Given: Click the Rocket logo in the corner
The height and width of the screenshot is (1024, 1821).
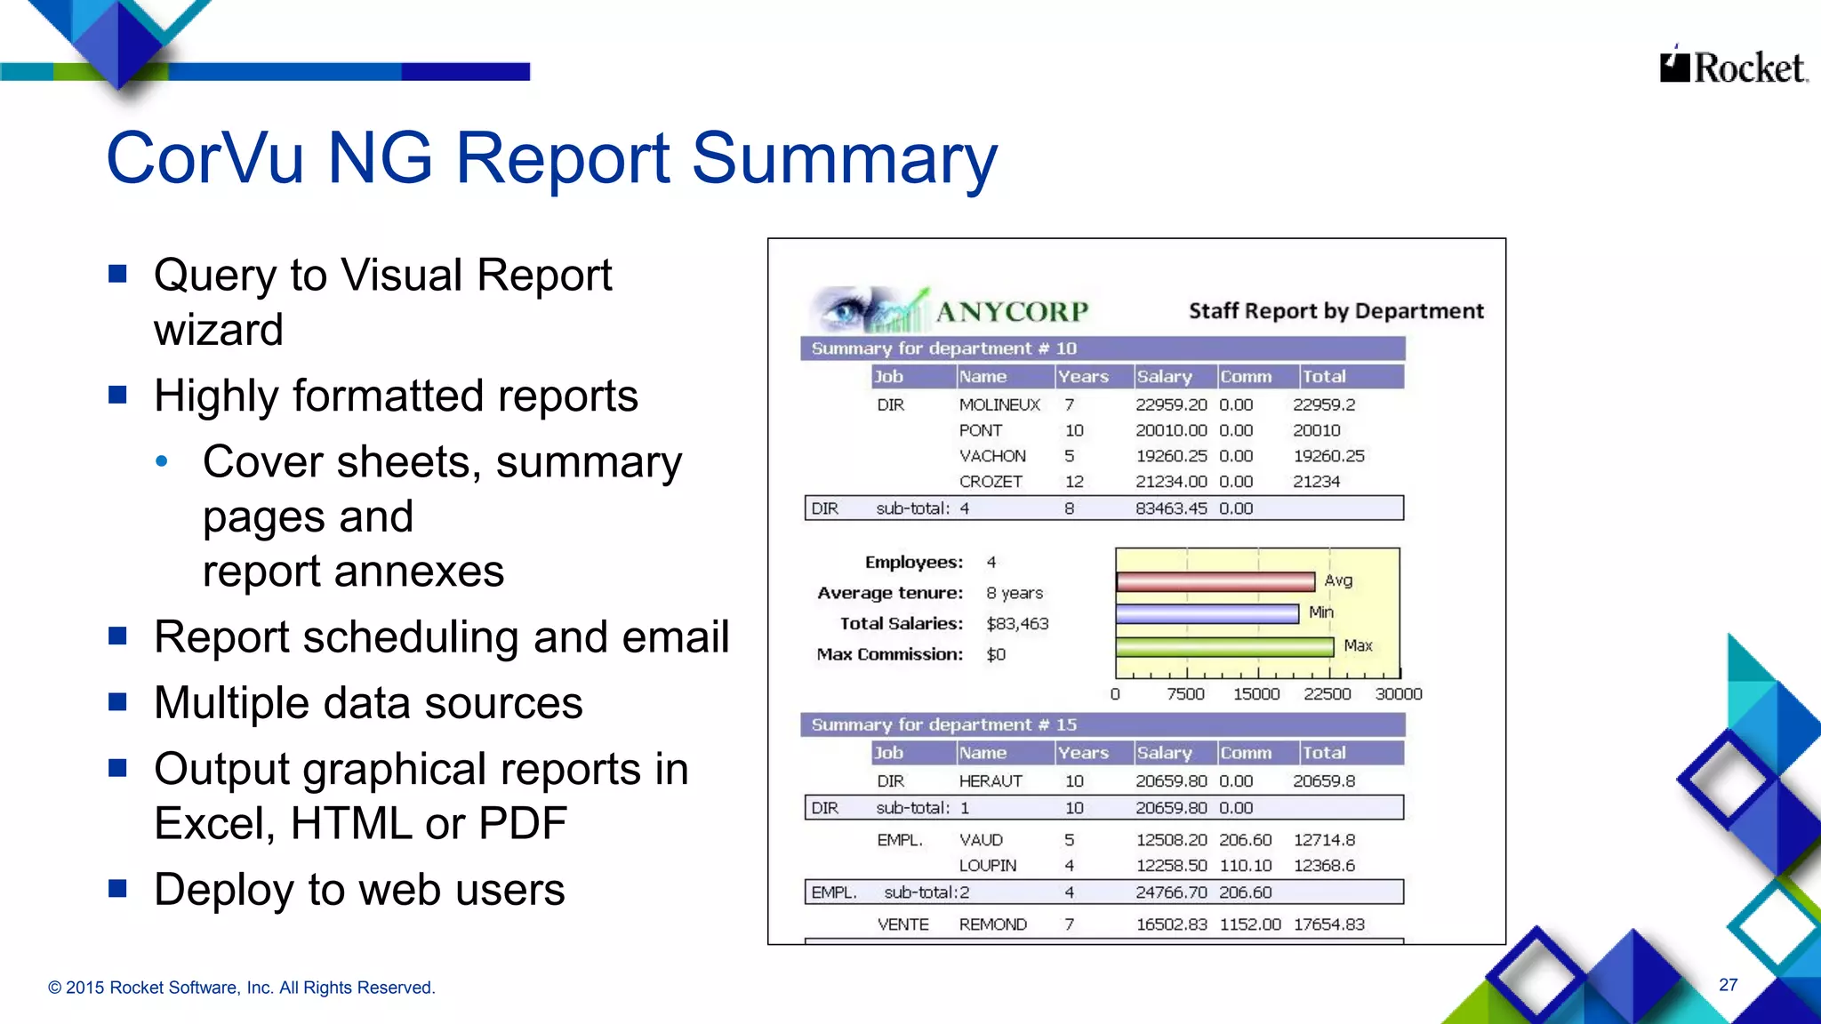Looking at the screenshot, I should click(x=1732, y=68).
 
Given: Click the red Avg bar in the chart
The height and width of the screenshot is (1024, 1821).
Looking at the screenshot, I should click(x=1215, y=582).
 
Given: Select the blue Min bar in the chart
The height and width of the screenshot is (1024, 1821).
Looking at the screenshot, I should click(x=1207, y=614).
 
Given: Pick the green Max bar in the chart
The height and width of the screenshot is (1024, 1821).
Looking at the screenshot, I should click(x=1224, y=647).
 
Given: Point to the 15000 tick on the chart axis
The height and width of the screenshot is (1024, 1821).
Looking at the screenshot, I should click(x=1255, y=694).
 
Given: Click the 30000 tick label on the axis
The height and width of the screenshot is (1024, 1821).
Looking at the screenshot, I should click(x=1398, y=694).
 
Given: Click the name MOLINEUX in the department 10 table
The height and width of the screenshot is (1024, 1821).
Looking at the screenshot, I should click(x=999, y=405).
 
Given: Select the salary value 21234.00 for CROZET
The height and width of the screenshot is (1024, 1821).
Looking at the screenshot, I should click(x=1170, y=482).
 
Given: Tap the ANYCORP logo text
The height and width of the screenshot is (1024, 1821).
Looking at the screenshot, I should click(x=1011, y=312).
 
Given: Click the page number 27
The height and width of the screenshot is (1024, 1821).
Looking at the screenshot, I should click(x=1728, y=985).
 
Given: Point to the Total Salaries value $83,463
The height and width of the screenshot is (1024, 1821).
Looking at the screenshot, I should click(x=1017, y=624).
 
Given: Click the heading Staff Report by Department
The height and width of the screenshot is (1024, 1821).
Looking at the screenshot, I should click(x=1336, y=311).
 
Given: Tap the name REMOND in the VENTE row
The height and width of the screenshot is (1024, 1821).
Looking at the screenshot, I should click(x=992, y=924).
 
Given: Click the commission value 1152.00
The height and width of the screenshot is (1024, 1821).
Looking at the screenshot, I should click(x=1249, y=924).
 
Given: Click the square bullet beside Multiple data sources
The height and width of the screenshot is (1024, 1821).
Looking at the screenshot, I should click(x=117, y=702).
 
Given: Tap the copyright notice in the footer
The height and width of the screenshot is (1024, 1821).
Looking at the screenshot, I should click(x=241, y=988).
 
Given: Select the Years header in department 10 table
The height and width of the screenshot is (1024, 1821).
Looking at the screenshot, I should click(x=1082, y=377).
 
